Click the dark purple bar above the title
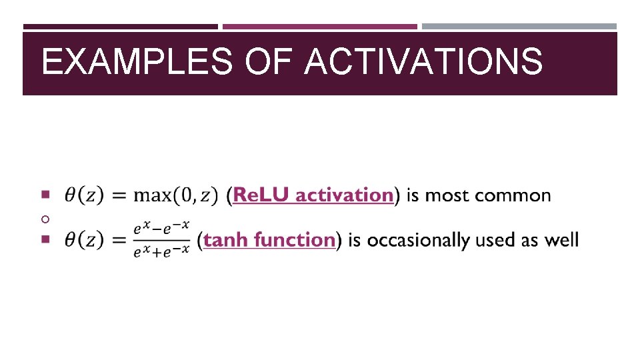pyautogui.click(x=120, y=27)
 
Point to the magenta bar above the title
pyautogui.click(x=319, y=27)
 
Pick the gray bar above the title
pyautogui.click(x=519, y=27)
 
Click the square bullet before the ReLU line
pyautogui.click(x=45, y=195)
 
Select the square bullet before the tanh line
pyautogui.click(x=45, y=239)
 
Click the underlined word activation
pyautogui.click(x=344, y=195)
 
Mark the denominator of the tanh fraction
pyautogui.click(x=161, y=250)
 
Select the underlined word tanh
pyautogui.click(x=226, y=240)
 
